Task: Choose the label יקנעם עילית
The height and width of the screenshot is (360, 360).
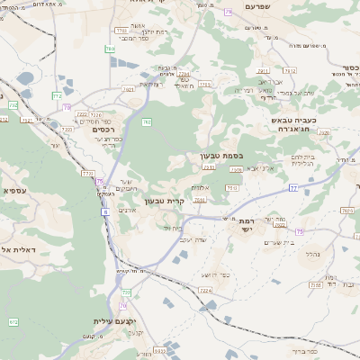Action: pos(113,321)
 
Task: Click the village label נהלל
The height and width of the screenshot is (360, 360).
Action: pos(311,255)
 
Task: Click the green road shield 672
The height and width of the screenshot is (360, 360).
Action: pos(13,321)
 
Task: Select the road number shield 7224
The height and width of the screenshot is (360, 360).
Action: pos(205,291)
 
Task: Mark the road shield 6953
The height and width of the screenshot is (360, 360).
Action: pos(159,350)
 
